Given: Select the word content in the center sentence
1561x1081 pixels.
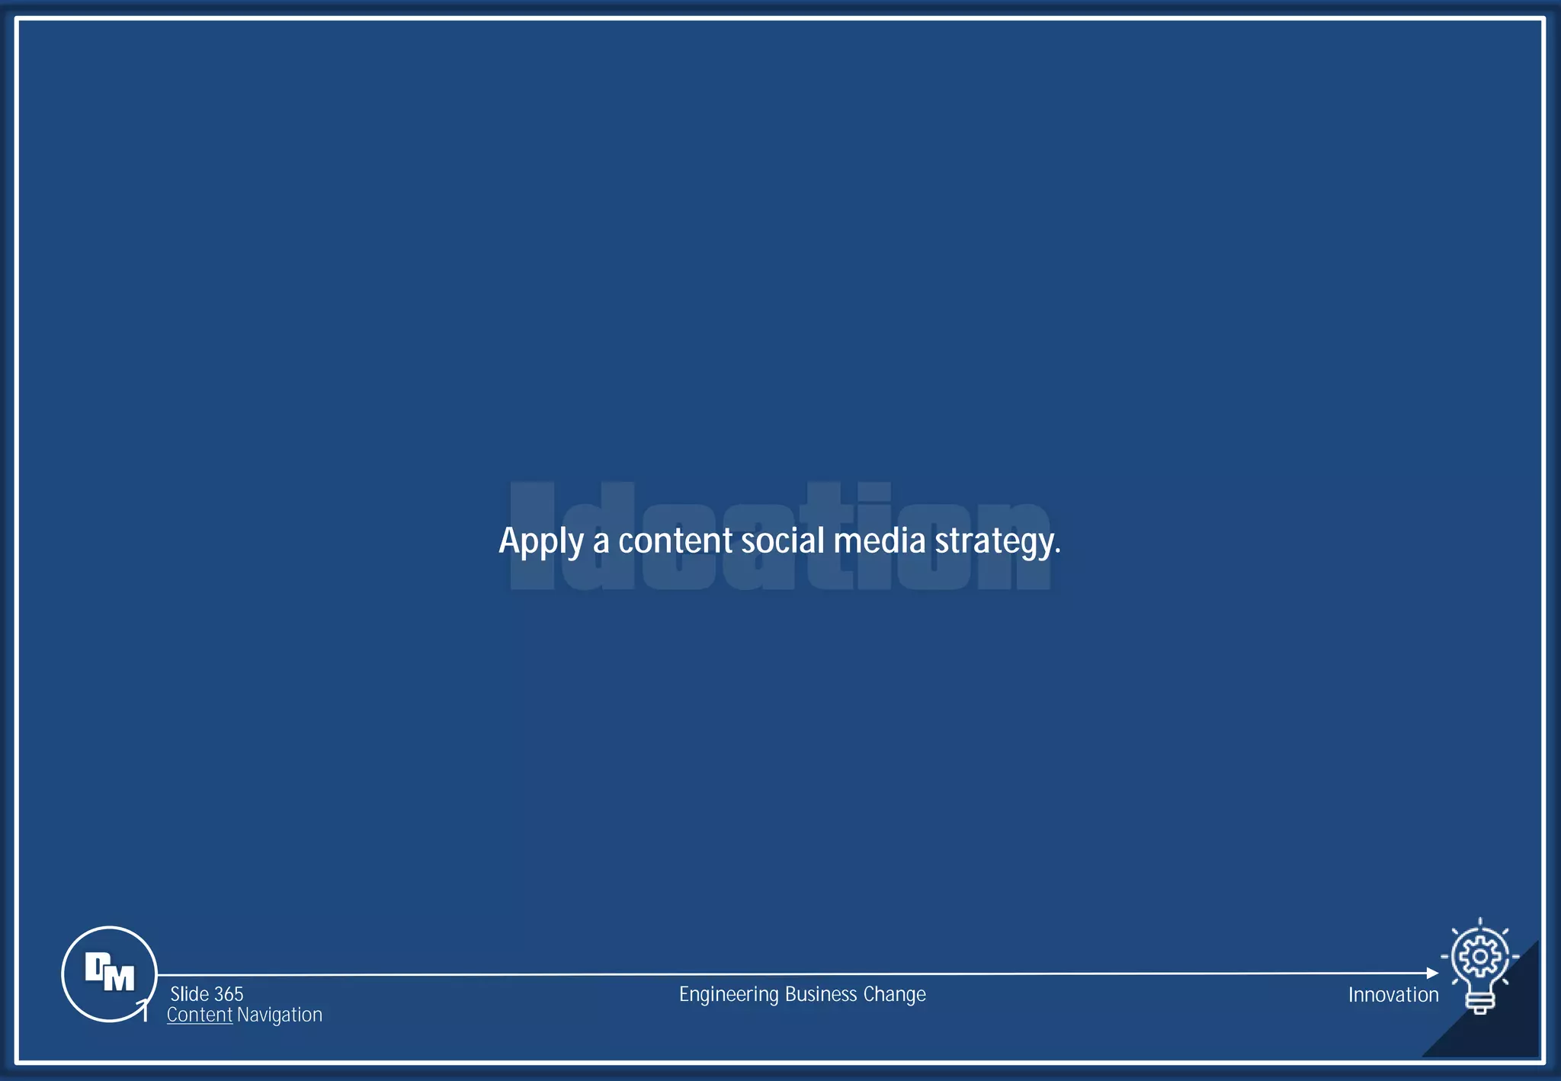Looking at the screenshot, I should (x=675, y=541).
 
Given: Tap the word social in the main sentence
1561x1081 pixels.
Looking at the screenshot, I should (x=783, y=540).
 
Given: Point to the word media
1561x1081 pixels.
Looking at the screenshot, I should (x=879, y=540).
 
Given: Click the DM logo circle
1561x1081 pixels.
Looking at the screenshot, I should (x=109, y=974).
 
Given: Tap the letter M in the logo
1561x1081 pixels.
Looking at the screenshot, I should (x=119, y=978).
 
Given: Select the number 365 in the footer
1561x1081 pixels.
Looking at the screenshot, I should (x=229, y=994).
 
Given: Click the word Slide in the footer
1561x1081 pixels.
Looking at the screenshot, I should (x=190, y=994).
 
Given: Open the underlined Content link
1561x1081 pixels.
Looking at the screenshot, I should (x=200, y=1015).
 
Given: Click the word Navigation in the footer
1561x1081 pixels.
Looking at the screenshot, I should (x=280, y=1015).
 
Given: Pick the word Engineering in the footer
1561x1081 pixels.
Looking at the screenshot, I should (x=729, y=995).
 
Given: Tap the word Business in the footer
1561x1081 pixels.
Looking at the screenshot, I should (x=821, y=994).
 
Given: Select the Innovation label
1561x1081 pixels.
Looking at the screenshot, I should (x=1393, y=995).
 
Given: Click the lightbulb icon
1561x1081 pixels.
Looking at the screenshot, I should (x=1479, y=967).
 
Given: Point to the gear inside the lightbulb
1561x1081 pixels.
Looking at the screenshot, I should (x=1479, y=956).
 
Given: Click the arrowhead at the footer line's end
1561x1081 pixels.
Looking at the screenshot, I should (x=1432, y=974).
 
